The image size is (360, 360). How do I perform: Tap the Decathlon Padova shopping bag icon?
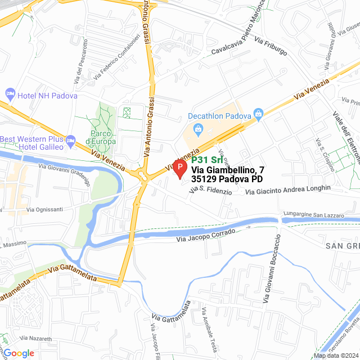(258, 115)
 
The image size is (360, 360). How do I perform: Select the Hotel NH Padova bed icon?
(10, 93)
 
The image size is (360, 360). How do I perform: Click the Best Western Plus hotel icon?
(70, 139)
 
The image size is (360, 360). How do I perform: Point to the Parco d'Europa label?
(101, 137)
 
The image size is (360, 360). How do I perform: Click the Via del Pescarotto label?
(80, 58)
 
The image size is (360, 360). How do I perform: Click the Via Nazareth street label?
(35, 339)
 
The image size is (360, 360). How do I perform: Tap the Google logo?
(19, 353)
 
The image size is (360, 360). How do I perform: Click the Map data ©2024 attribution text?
(336, 355)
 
